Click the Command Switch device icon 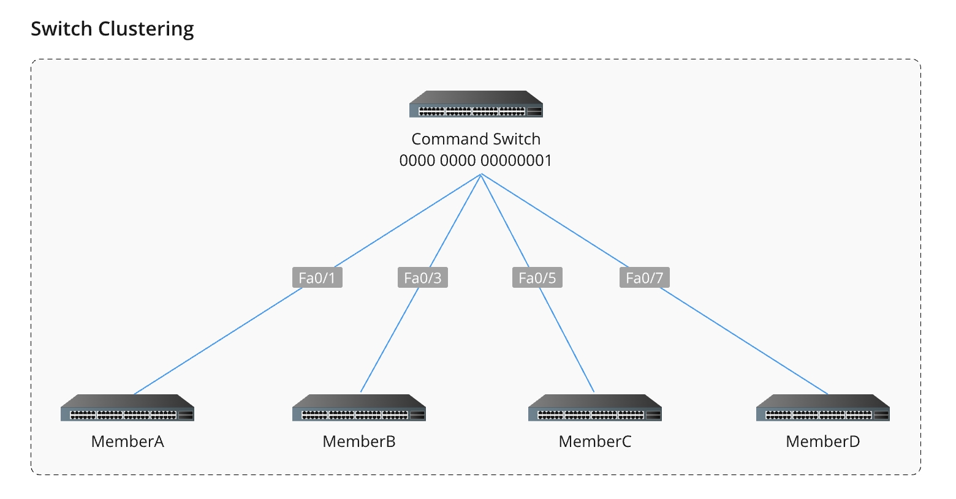click(x=476, y=104)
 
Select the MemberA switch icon click(x=127, y=408)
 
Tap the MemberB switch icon click(x=359, y=408)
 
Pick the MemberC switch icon click(x=594, y=408)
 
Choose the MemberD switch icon click(x=822, y=408)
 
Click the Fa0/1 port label click(x=317, y=278)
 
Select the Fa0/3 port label click(x=422, y=278)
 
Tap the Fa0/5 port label click(x=537, y=278)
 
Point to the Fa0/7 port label click(x=644, y=278)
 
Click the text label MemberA click(x=127, y=441)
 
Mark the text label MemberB click(x=359, y=441)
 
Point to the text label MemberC click(x=594, y=441)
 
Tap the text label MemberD click(x=822, y=441)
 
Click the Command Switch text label click(x=476, y=139)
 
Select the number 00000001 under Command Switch click(x=516, y=160)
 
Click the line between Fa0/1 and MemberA click(x=218, y=341)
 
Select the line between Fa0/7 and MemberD click(x=743, y=341)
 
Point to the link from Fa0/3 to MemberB click(x=390, y=340)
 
